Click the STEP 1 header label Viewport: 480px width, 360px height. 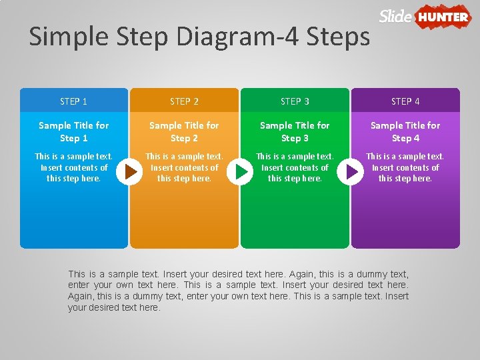click(x=73, y=101)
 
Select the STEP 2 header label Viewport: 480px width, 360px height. click(x=184, y=101)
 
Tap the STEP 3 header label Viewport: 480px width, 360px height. click(x=295, y=101)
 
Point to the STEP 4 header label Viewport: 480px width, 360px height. click(x=405, y=101)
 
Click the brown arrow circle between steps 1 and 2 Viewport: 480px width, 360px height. click(x=129, y=172)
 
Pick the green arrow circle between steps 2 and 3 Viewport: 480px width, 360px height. click(x=240, y=172)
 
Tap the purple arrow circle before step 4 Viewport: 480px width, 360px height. click(x=350, y=172)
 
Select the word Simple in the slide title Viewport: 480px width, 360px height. click(x=69, y=37)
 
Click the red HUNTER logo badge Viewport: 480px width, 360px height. click(x=443, y=17)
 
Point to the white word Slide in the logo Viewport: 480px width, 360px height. click(x=395, y=16)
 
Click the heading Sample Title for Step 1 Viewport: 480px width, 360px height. click(x=74, y=131)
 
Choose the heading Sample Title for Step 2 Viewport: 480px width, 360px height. click(x=184, y=131)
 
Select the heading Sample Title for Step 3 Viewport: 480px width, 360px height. click(x=295, y=131)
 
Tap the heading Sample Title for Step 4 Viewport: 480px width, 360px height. click(x=405, y=131)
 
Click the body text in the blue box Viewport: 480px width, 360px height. click(x=73, y=167)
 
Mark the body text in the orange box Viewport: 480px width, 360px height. click(x=184, y=167)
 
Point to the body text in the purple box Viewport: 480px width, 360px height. click(x=405, y=167)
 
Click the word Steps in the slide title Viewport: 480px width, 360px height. click(x=338, y=37)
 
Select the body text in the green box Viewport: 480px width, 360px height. click(x=295, y=167)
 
